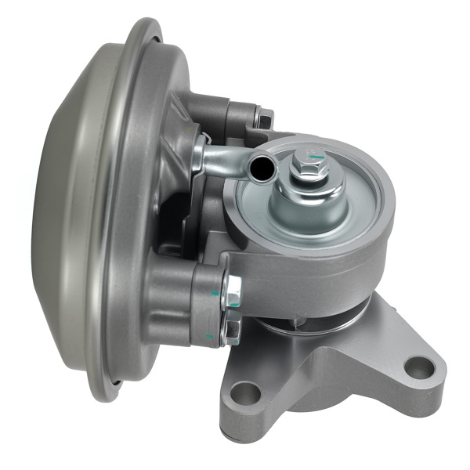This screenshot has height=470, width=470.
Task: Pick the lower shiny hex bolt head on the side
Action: [231, 332]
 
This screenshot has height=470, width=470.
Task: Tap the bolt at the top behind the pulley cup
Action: [264, 120]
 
